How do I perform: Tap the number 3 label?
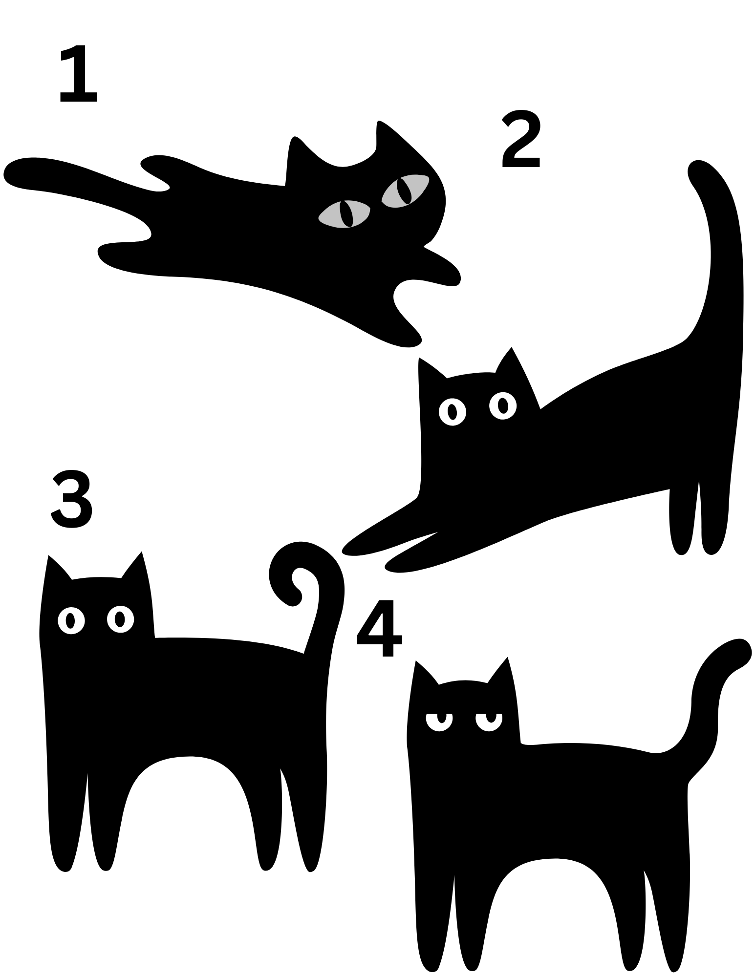click(x=72, y=498)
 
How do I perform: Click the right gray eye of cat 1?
click(x=405, y=191)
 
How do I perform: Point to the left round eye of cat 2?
click(x=453, y=411)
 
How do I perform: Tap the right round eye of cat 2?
click(x=503, y=405)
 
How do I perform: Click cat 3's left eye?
click(x=71, y=620)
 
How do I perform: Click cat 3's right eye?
click(x=120, y=619)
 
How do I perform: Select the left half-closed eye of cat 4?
click(x=439, y=722)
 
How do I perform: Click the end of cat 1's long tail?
click(x=17, y=173)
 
